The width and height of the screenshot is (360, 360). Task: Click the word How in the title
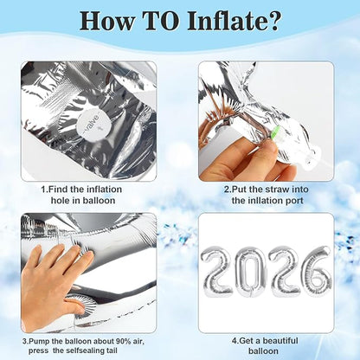(107, 21)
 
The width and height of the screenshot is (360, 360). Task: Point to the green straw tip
(274, 132)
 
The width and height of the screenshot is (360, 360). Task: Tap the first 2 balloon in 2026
(218, 272)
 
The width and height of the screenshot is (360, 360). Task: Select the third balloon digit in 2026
(285, 272)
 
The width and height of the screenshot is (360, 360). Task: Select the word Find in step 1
(58, 190)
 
